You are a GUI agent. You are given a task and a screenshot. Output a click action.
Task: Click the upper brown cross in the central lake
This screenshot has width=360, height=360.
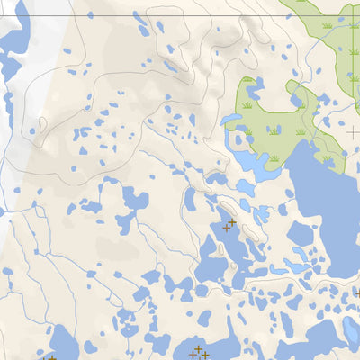point(232,221)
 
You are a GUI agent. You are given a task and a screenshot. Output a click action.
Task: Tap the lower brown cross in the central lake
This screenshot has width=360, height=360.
point(226,228)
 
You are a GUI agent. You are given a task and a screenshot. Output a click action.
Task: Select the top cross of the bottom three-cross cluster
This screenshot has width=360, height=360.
point(198,348)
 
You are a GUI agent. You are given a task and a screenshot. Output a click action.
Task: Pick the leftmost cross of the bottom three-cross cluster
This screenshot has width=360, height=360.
point(193,354)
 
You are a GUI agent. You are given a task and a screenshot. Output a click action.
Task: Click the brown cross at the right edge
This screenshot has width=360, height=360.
point(357,293)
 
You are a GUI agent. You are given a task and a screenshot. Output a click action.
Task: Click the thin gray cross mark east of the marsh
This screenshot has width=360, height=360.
point(353,133)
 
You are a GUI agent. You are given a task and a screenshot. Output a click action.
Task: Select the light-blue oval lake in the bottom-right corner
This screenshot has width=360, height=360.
point(348,333)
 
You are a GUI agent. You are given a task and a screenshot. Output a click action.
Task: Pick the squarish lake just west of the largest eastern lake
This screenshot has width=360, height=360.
point(299,236)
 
